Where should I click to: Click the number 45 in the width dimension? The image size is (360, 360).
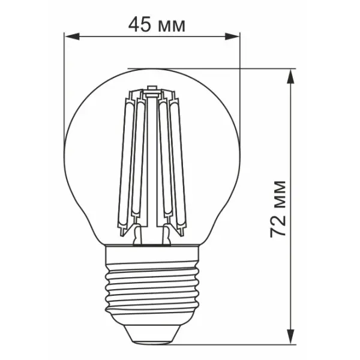139,25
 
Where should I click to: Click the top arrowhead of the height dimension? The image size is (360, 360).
292,74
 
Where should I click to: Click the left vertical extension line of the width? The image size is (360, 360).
64,90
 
